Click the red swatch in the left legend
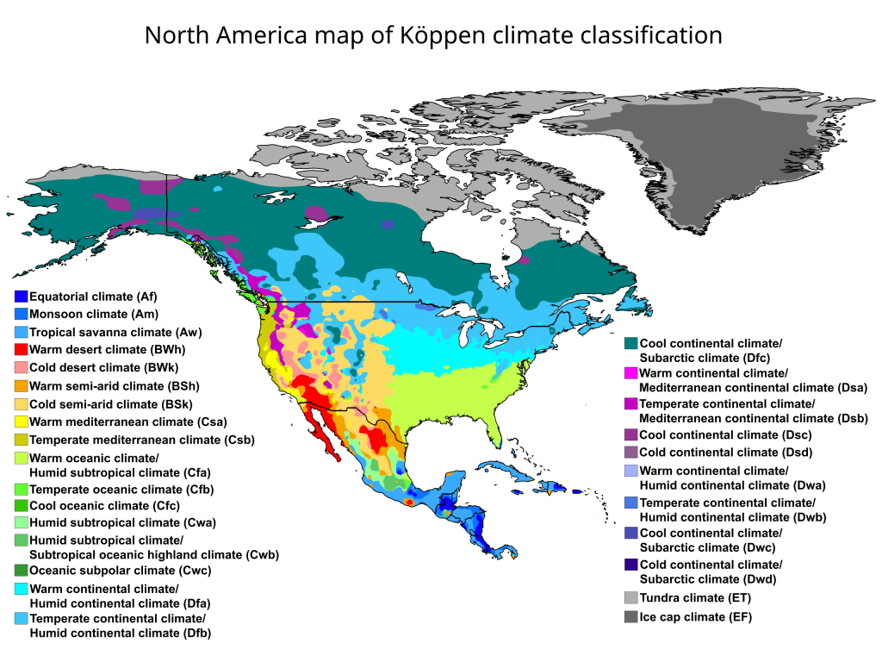(21, 349)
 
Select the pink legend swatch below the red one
(21, 367)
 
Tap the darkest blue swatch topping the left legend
(21, 296)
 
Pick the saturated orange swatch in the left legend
(21, 385)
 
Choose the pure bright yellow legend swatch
(21, 422)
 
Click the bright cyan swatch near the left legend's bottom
(21, 589)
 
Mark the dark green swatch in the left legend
(21, 570)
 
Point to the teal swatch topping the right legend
(630, 343)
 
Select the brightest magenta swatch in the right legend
(630, 372)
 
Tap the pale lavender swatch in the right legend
(630, 471)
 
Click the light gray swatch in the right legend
(630, 597)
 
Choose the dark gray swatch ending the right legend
(630, 616)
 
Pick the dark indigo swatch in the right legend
(630, 565)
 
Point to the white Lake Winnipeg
(404, 281)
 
